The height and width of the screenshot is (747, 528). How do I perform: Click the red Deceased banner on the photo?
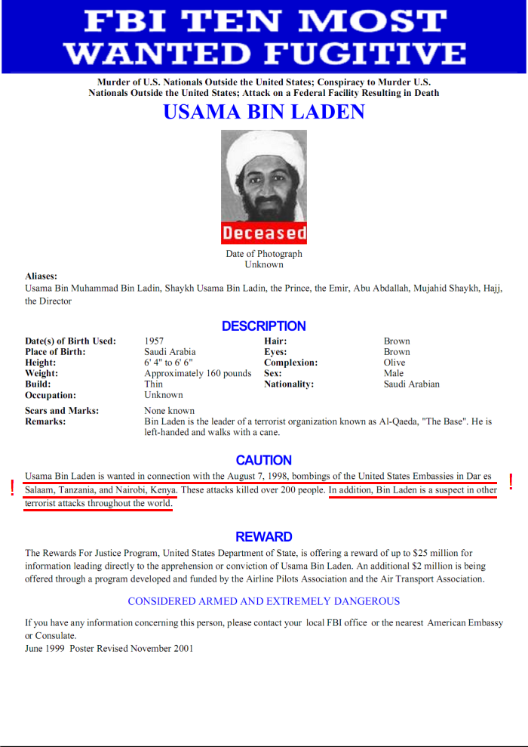point(264,233)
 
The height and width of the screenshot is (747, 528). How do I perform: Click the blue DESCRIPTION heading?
point(263,326)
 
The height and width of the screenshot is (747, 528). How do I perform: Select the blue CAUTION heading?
point(263,460)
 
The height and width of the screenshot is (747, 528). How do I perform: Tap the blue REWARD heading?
point(263,537)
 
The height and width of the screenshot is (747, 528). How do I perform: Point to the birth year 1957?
point(154,341)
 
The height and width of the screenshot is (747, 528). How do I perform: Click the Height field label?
point(41,363)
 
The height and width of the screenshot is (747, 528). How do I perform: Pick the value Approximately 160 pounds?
point(198,373)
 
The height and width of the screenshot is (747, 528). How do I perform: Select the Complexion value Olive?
point(394,363)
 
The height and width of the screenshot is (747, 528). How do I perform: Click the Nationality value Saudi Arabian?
point(411,384)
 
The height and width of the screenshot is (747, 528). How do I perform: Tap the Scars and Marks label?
point(62,411)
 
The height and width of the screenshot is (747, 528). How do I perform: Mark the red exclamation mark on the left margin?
point(12,489)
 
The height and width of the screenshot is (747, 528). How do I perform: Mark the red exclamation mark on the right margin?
point(511,481)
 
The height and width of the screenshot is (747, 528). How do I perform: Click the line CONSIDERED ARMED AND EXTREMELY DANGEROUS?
point(263,601)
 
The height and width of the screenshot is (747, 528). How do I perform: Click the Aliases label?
point(41,276)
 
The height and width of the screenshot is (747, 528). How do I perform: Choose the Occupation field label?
point(51,395)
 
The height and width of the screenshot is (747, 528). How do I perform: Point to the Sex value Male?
point(394,373)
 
